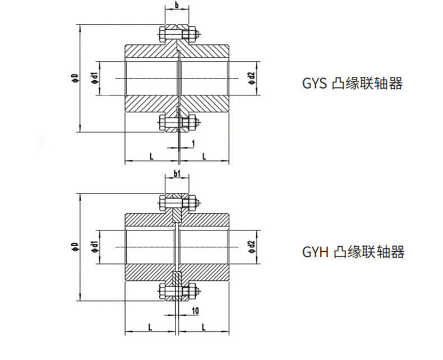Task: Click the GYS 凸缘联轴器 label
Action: tap(352, 84)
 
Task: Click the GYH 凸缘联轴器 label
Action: tap(353, 252)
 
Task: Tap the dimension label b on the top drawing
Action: tap(177, 6)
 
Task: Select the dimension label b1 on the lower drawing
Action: tap(177, 174)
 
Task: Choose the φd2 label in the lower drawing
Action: tap(252, 246)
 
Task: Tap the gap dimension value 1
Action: tap(193, 144)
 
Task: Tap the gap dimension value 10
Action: tap(194, 311)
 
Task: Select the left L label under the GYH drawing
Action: tap(151, 325)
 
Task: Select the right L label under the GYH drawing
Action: tap(204, 325)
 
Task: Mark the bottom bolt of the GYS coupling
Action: tap(178, 123)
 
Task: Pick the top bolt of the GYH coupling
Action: tap(178, 202)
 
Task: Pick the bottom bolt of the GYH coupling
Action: tap(178, 290)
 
